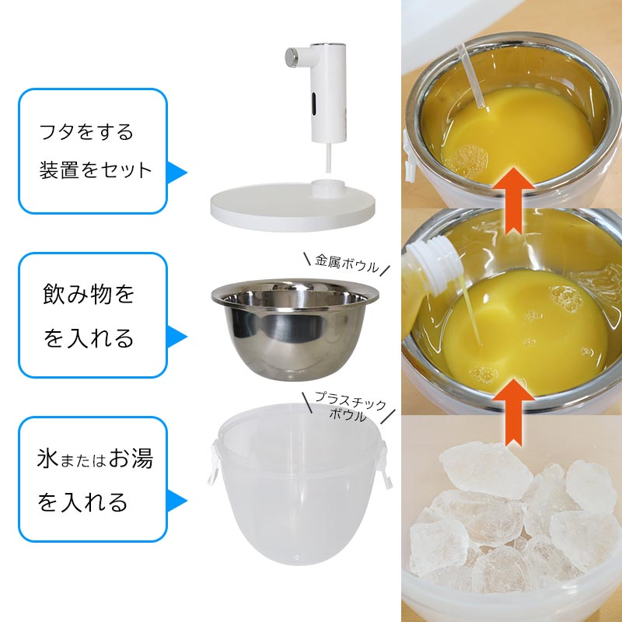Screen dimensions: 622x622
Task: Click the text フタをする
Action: [x=86, y=131]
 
